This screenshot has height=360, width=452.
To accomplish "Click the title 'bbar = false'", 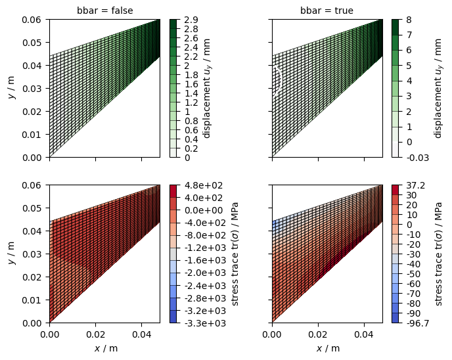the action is click(105, 11).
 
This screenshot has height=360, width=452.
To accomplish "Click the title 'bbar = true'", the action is click(327, 11).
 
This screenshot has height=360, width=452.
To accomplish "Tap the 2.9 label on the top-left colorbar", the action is click(191, 20).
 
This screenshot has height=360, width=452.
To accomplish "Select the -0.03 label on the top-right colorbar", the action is click(418, 158).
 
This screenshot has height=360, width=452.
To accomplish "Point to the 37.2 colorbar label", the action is click(415, 185).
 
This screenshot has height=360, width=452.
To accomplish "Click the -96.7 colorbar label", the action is click(418, 323).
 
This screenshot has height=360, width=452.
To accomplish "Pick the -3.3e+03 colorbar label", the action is click(205, 323).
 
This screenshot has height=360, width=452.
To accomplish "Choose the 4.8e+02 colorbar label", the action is click(204, 185).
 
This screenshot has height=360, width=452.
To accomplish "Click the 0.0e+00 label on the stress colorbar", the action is click(204, 210).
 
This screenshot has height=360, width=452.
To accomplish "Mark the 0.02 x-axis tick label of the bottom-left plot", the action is click(96, 334).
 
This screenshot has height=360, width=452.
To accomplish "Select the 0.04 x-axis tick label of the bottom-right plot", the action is click(364, 334).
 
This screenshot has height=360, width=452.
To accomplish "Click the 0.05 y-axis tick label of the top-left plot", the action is click(32, 43).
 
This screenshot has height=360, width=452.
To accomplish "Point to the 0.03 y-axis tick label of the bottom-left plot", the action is click(32, 254).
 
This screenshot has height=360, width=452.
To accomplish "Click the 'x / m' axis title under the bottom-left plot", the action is click(106, 348).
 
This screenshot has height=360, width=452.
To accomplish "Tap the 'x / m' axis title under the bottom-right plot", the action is click(328, 348).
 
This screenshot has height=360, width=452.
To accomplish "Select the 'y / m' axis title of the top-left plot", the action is click(12, 88).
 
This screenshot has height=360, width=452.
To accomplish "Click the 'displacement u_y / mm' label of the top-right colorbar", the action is click(438, 89).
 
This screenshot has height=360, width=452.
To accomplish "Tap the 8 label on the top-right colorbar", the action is click(409, 20).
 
